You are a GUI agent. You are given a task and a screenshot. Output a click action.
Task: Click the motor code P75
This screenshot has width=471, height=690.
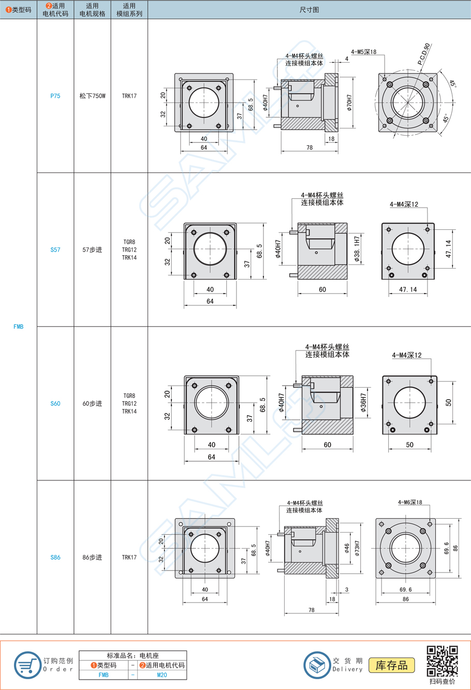point(55,96)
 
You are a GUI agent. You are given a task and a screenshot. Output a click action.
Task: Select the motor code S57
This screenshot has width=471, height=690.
point(55,249)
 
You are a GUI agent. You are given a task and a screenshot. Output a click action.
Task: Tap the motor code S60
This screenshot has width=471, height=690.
point(55,403)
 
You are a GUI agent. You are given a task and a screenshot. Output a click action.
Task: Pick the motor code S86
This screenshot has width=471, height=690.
point(55,557)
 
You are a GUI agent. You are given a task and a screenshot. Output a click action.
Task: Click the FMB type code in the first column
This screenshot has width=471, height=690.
point(19,327)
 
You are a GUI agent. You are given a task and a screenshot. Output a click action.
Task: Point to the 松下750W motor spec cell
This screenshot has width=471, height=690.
point(92,96)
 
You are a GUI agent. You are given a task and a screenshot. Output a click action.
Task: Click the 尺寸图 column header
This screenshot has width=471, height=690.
point(309,10)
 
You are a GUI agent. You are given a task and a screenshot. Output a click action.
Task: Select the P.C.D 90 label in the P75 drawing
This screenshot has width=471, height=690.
point(424,55)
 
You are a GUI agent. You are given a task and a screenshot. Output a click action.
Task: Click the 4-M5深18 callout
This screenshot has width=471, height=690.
point(363,52)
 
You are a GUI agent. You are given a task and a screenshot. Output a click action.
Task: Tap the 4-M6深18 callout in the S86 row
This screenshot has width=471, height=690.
point(410,502)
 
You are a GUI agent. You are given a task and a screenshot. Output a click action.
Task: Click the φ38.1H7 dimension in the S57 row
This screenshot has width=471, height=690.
point(357,249)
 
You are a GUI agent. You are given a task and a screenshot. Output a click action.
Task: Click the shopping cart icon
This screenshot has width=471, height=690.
point(27,665)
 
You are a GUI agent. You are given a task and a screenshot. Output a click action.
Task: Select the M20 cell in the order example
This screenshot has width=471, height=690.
point(162,675)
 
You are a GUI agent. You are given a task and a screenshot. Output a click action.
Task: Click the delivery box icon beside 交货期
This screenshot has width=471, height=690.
point(317,665)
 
